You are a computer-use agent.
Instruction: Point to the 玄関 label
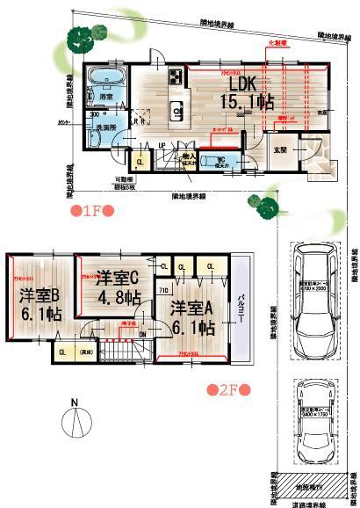(x=282, y=149)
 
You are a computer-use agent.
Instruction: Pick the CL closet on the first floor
(x=140, y=163)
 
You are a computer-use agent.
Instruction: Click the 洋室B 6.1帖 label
(x=40, y=302)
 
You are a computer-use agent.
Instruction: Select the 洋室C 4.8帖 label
(x=119, y=286)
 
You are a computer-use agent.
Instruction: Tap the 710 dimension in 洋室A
(x=163, y=288)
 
